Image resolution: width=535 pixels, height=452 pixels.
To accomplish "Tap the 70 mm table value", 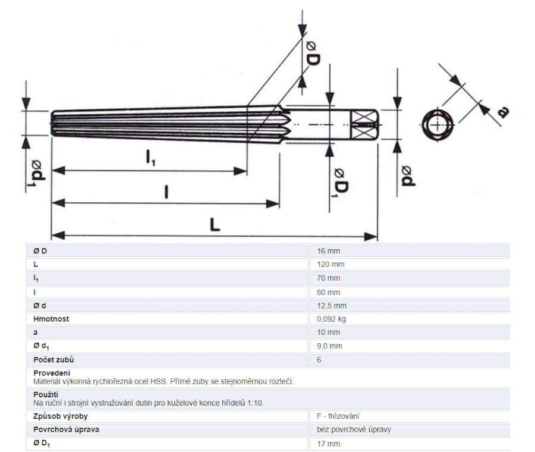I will pos(328,278).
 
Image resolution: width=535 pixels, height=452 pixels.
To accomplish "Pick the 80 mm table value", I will pos(328,292).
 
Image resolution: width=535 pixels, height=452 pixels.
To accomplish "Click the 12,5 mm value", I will pos(331,306).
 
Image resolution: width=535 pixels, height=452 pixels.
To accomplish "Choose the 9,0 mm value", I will pos(329,346).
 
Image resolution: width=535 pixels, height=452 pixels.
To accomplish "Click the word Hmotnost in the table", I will pos(51,319).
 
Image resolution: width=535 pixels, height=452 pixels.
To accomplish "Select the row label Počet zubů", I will pos(53,360).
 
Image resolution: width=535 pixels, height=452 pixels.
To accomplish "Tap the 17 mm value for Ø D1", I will pos(328,444).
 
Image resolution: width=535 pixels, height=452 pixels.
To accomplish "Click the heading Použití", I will pos(46,394).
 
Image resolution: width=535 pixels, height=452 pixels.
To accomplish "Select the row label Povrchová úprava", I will pos(66,429).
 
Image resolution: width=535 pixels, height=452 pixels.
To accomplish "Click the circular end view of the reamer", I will pos(438,125).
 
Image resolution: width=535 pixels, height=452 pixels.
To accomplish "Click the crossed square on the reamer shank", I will pos(364,125).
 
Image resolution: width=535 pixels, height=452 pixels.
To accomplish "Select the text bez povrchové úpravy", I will pos(354,429).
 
